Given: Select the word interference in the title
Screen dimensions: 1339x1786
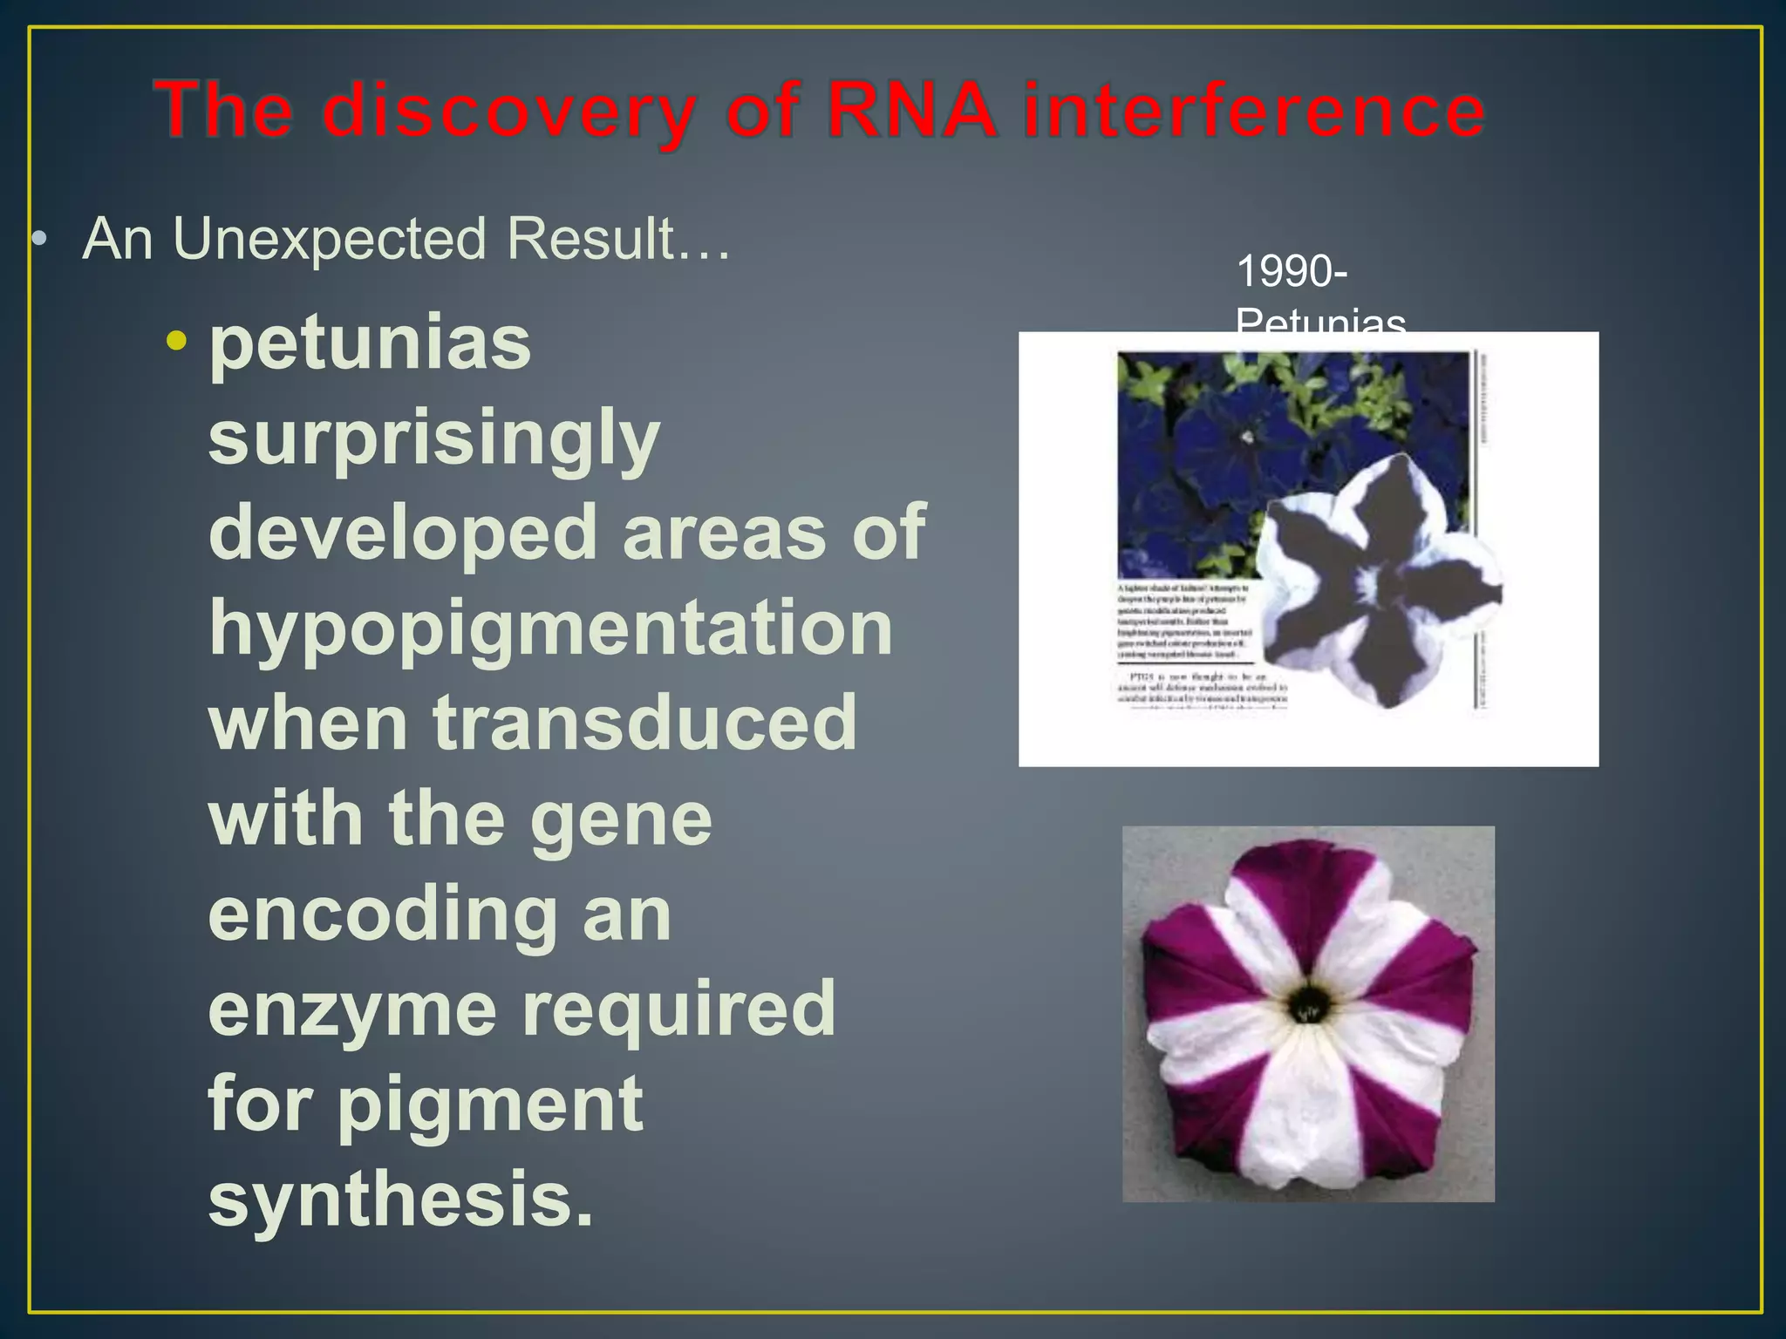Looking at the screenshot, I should coord(1253,112).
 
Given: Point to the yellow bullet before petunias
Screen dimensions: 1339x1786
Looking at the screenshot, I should coord(177,341).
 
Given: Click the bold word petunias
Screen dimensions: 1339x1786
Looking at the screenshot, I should coord(370,343).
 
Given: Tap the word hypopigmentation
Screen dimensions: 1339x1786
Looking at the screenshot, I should coord(550,630).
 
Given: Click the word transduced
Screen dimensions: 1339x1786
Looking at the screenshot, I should coord(644,723).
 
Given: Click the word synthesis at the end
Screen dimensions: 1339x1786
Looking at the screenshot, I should coord(400,1200).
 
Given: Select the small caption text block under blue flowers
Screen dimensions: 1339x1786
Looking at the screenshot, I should coord(1186,622).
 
